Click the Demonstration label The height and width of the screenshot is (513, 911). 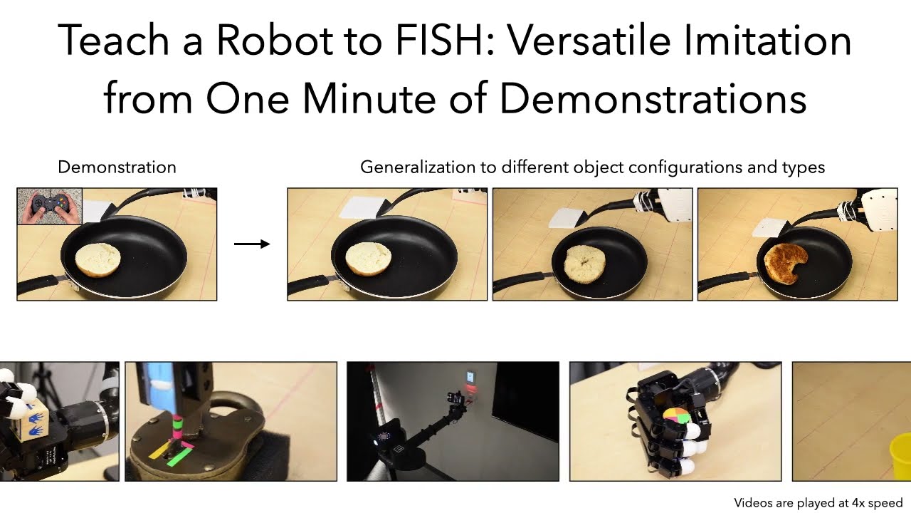[117, 167]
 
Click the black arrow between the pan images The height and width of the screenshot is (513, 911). [252, 244]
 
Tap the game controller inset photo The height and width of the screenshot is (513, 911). [49, 206]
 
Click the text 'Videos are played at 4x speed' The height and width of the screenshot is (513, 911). [818, 502]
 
